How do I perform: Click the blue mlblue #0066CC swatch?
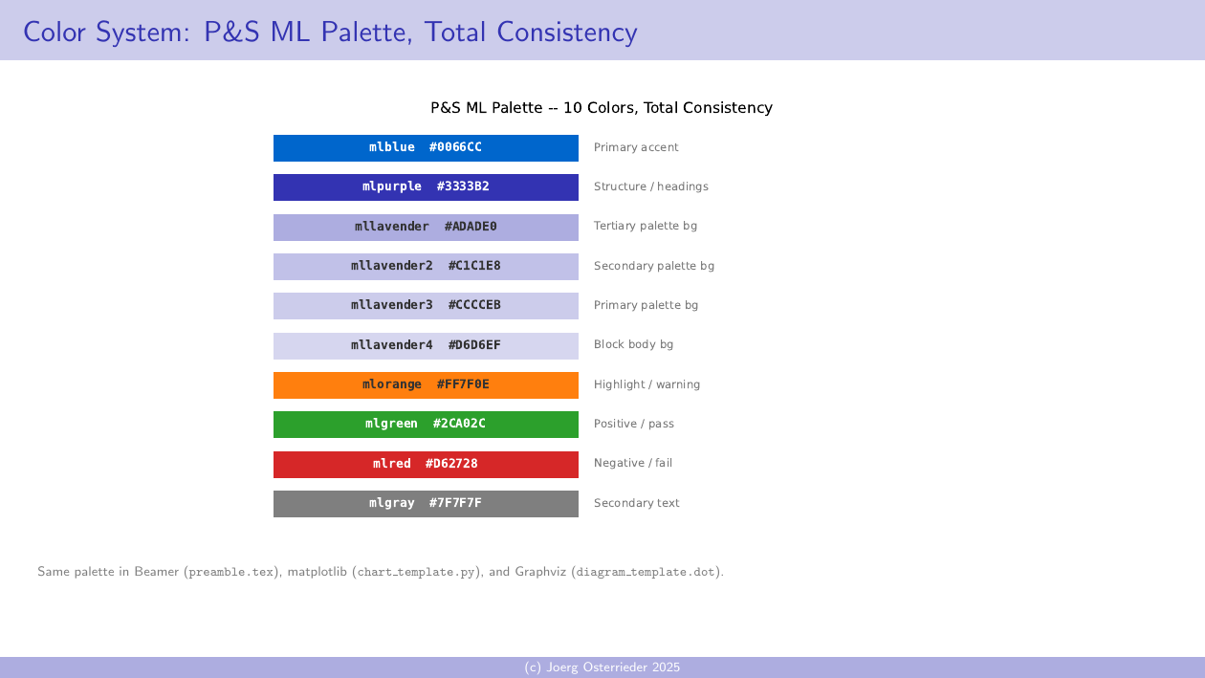tap(426, 148)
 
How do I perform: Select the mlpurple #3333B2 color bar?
tap(426, 187)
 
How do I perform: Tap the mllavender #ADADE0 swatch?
tap(426, 228)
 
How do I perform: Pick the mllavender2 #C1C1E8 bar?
tap(426, 267)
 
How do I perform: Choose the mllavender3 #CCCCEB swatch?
tap(426, 306)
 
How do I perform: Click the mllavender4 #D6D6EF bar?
tap(426, 346)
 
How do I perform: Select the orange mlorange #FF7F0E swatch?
tap(426, 385)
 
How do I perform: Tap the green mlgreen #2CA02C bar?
tap(426, 425)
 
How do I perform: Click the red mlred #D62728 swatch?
tap(426, 465)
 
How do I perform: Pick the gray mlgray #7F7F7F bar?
tap(426, 504)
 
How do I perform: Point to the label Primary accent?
tap(636, 148)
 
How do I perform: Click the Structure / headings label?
tap(650, 187)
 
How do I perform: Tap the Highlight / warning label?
tap(646, 385)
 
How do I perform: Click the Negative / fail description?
tap(632, 464)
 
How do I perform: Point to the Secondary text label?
tap(636, 504)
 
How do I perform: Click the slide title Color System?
tap(330, 33)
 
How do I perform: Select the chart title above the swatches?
tap(602, 108)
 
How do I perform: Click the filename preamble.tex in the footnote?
tap(232, 573)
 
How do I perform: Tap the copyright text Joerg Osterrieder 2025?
tap(602, 667)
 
